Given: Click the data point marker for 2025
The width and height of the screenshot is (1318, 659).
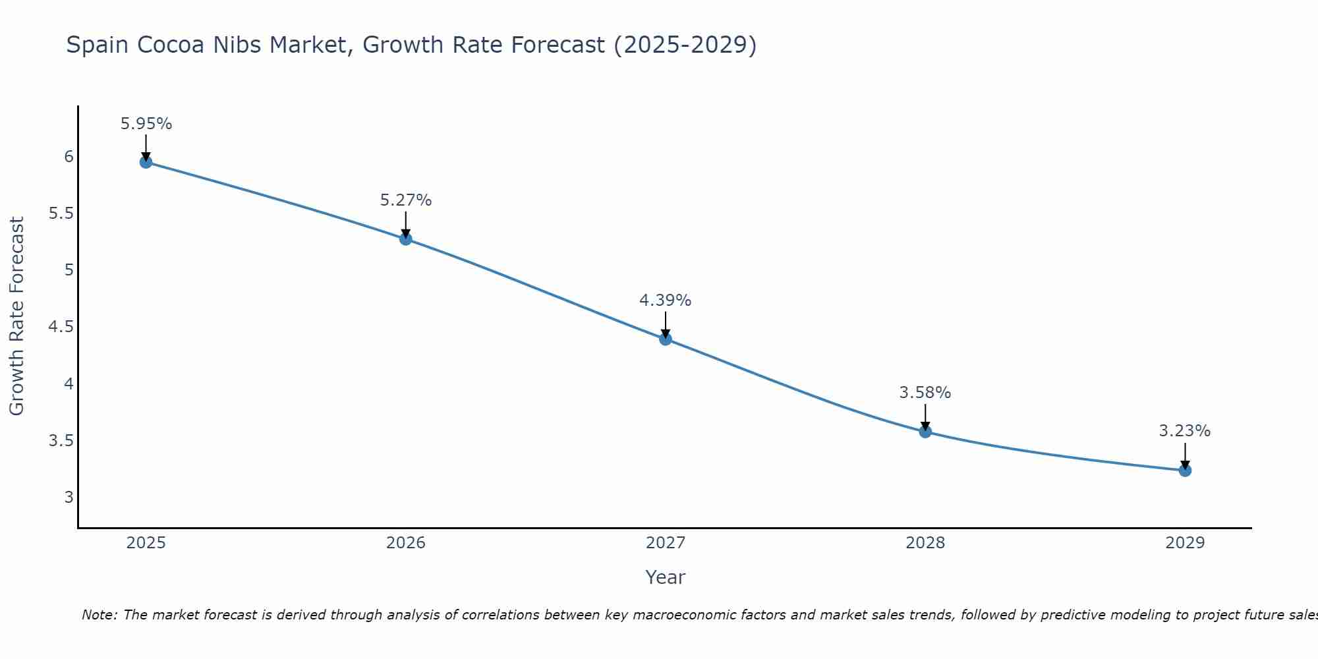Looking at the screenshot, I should click(x=146, y=162).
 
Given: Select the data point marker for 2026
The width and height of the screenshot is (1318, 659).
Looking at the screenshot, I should click(x=406, y=239).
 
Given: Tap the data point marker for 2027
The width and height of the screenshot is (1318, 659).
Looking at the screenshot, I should click(x=666, y=339).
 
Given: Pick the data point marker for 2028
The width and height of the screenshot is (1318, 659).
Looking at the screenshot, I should click(x=925, y=432).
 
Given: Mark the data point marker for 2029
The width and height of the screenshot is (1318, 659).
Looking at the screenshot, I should click(x=1185, y=470).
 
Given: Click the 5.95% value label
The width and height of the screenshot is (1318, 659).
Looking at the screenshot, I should click(x=146, y=124).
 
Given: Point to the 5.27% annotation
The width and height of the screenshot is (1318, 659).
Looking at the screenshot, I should click(x=406, y=200).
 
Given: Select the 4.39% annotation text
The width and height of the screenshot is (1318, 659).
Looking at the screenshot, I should click(x=666, y=301).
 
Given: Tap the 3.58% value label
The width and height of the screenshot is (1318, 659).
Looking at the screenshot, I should click(x=925, y=393).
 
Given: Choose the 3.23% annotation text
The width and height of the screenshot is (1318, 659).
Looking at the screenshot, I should click(x=1185, y=431).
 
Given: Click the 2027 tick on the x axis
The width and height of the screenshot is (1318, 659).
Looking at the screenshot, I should click(x=666, y=543).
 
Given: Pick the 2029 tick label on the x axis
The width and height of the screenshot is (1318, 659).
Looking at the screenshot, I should click(x=1185, y=543).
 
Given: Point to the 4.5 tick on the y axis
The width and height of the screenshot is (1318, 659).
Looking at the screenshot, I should click(x=61, y=327).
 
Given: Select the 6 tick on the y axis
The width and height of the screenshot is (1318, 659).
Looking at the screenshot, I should click(x=69, y=157).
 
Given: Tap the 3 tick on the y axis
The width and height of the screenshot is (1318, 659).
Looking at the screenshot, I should click(x=69, y=497).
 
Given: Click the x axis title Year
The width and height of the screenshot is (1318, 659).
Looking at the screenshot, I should click(x=666, y=577).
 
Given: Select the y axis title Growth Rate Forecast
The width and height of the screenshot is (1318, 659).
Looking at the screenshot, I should click(x=17, y=316).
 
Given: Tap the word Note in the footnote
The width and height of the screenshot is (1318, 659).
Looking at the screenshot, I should click(x=99, y=615).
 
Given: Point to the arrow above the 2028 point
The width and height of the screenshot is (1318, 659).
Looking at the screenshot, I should click(x=925, y=416).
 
